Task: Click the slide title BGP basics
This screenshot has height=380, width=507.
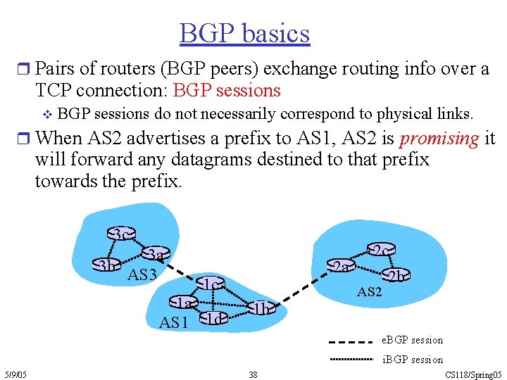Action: [x=244, y=33]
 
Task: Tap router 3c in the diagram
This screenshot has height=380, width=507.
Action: [x=121, y=234]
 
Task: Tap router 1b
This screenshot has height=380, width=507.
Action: [x=261, y=308]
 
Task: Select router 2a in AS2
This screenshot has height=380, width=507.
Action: [x=342, y=266]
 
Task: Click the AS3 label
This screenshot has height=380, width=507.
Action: [x=142, y=274]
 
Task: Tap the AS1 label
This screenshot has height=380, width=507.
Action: [x=174, y=323]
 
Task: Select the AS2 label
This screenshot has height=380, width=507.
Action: [x=370, y=291]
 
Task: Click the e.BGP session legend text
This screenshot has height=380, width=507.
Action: [x=412, y=340]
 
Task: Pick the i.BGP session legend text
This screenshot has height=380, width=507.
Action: [x=412, y=360]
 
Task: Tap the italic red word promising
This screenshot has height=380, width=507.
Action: [x=439, y=138]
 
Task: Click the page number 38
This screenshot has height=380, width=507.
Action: [x=253, y=374]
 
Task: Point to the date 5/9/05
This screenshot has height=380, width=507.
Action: [x=15, y=374]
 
